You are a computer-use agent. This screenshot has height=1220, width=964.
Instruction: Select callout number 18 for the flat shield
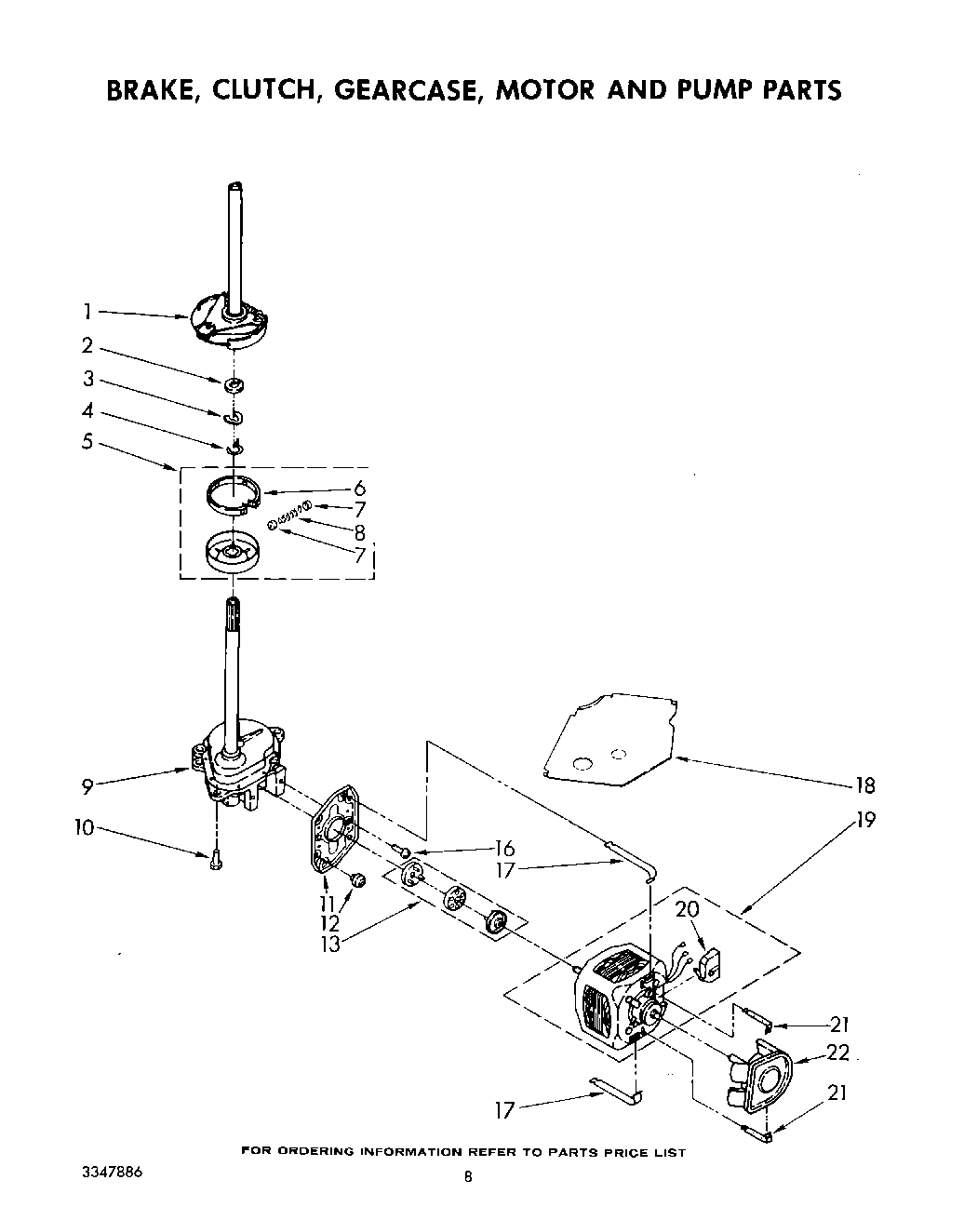click(864, 786)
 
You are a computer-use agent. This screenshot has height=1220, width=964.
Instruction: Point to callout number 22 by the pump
click(838, 1052)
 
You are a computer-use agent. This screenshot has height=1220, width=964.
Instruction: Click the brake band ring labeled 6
click(233, 493)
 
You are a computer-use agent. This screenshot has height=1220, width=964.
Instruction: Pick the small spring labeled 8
click(289, 515)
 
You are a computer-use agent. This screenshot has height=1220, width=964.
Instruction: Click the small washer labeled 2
click(234, 383)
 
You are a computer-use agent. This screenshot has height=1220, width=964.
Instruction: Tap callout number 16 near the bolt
click(504, 848)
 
